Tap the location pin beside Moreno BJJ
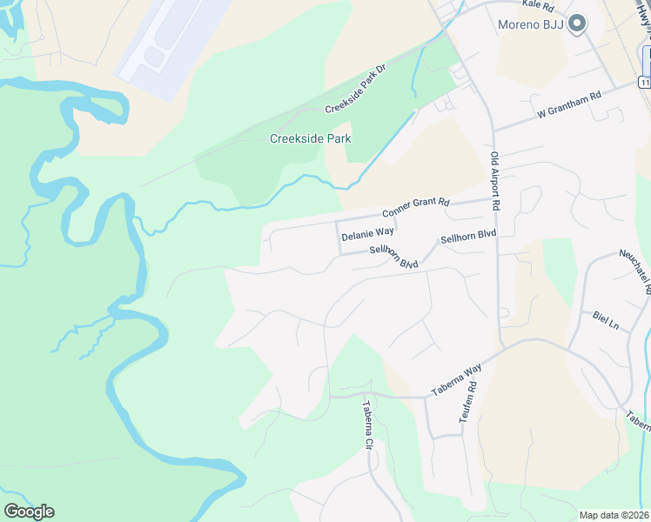pos(576,25)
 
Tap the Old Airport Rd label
pos(494,181)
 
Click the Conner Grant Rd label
pos(415,208)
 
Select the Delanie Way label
pos(367,234)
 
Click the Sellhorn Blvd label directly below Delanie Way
pos(394,257)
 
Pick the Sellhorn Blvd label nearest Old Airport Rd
pos(468,235)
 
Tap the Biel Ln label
pos(605,319)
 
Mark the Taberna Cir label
pos(367,425)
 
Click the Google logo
pos(29,511)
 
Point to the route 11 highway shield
pos(644,82)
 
